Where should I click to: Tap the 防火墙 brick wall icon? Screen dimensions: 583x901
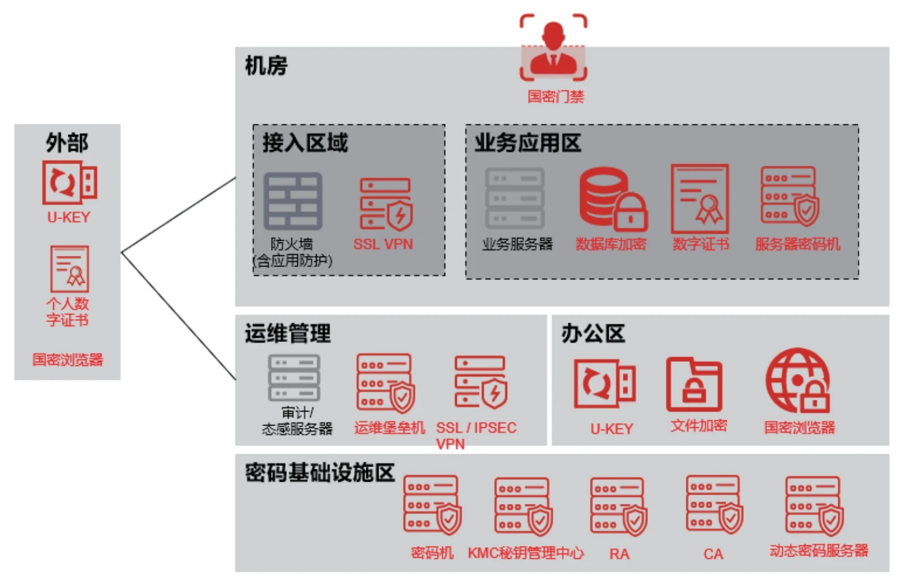pyautogui.click(x=293, y=201)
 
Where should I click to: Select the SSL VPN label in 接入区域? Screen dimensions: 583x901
pyautogui.click(x=383, y=244)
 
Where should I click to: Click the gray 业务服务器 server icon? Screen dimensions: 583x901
pyautogui.click(x=515, y=198)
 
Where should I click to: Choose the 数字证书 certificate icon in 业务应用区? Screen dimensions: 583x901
pyautogui.click(x=700, y=199)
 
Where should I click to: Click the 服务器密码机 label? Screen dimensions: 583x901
pyautogui.click(x=797, y=244)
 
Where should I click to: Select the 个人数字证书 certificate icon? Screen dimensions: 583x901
pyautogui.click(x=70, y=269)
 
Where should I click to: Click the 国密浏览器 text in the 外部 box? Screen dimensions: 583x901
pyautogui.click(x=68, y=360)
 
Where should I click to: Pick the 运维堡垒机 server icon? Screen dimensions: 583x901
pyautogui.click(x=385, y=383)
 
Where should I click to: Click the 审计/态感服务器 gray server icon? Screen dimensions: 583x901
pyautogui.click(x=295, y=378)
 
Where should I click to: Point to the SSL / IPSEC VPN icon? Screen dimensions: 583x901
pyautogui.click(x=480, y=382)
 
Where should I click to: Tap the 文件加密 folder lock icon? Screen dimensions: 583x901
pyautogui.click(x=694, y=385)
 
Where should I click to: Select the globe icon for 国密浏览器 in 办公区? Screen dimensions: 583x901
pyautogui.click(x=797, y=380)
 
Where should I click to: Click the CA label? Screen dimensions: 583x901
pyautogui.click(x=713, y=554)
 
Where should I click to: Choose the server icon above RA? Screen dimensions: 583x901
pyautogui.click(x=618, y=506)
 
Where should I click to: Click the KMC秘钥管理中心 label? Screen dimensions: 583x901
pyautogui.click(x=525, y=553)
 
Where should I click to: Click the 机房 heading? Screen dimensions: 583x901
pyautogui.click(x=266, y=66)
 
